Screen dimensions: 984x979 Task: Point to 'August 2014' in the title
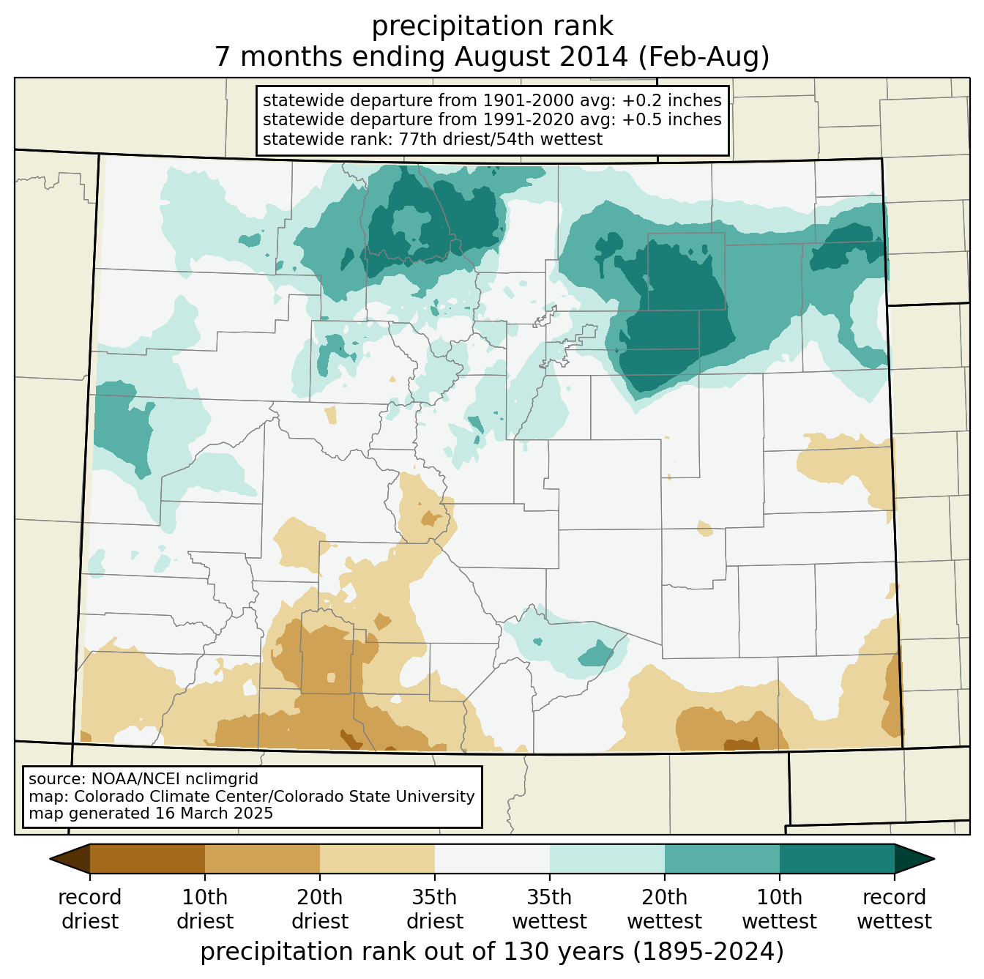coord(541,56)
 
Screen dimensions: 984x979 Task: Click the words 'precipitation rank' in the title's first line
coord(492,26)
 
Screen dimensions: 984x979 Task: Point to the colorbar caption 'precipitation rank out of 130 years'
coord(411,951)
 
